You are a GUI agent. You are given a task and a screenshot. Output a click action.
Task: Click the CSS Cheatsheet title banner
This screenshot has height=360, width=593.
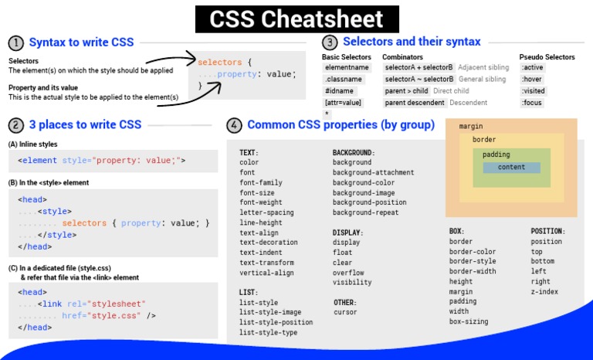tap(296, 18)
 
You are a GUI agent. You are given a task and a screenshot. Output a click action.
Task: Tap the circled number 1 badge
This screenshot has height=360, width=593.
tap(16, 42)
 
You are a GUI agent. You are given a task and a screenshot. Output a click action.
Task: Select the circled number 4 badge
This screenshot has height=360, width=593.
tap(234, 125)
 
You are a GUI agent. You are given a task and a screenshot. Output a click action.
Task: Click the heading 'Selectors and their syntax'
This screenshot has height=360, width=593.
tap(411, 42)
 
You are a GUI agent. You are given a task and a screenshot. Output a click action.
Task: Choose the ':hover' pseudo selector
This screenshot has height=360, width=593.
tap(531, 80)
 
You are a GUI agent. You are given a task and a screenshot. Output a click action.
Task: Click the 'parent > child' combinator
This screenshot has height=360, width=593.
tap(406, 91)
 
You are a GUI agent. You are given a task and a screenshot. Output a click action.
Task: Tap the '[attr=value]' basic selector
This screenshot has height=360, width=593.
tap(343, 103)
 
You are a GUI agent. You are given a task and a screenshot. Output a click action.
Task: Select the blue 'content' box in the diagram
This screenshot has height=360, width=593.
tap(511, 168)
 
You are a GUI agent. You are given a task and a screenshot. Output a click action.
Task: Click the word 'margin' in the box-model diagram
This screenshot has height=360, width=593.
tap(471, 126)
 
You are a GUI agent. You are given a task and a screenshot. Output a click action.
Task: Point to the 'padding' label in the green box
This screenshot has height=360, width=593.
tap(496, 155)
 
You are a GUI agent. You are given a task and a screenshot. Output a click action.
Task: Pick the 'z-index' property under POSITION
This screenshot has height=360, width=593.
tap(544, 292)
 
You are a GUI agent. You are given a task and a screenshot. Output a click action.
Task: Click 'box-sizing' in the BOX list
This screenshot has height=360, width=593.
tap(469, 321)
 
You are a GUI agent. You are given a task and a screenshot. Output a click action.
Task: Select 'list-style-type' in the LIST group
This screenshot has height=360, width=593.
tap(268, 332)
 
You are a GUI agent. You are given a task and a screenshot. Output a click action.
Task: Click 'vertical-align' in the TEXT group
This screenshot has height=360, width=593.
tap(266, 273)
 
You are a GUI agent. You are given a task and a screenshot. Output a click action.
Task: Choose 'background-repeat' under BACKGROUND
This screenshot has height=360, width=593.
tap(365, 212)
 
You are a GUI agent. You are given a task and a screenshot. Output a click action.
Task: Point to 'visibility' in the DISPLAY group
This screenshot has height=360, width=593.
tap(352, 283)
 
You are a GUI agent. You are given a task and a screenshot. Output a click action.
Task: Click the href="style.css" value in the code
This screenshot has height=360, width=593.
tap(114, 315)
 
